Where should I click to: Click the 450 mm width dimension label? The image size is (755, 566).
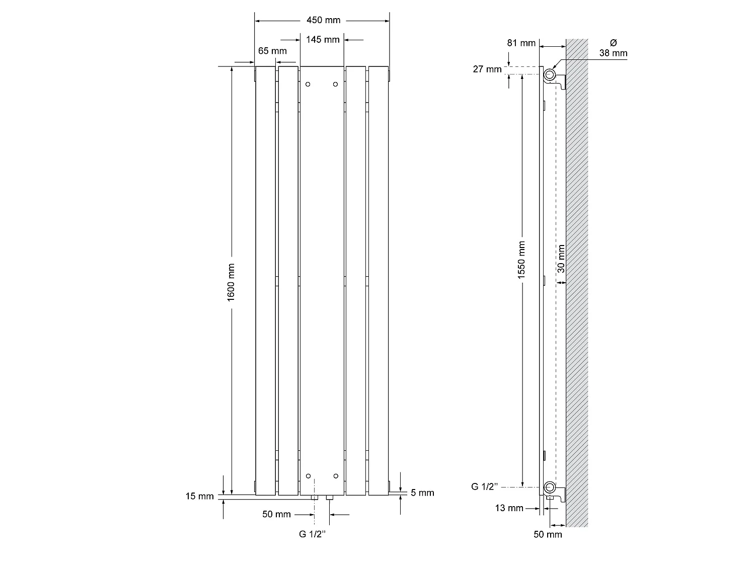323,20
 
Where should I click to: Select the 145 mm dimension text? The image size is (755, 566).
322,39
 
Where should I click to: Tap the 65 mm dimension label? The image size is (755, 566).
272,51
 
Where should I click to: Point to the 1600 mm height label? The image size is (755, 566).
232,283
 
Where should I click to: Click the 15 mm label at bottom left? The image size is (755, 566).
199,496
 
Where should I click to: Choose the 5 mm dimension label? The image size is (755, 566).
422,493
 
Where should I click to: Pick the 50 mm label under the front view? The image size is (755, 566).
276,514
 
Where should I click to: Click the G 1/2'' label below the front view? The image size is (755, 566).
313,534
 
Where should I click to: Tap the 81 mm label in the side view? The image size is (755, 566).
521,43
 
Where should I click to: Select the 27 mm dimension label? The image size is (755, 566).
487,69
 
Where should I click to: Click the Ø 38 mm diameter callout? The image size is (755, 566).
613,48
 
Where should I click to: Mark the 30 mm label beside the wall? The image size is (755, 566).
561,259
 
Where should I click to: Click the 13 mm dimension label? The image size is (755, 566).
509,508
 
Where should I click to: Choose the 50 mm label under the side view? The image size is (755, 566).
548,534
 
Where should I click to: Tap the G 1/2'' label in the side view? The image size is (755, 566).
485,487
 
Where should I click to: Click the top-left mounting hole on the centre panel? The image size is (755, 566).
309,85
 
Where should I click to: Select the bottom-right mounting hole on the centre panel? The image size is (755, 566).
336,475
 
